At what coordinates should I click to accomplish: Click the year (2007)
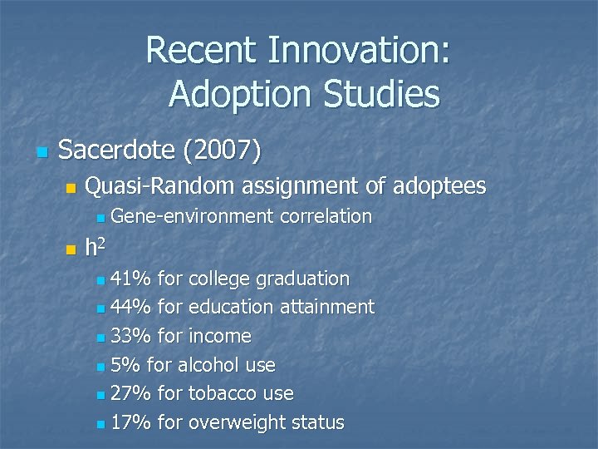(x=221, y=150)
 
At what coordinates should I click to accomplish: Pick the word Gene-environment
(x=192, y=216)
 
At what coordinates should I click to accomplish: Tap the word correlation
(x=326, y=216)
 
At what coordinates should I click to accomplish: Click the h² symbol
(x=94, y=247)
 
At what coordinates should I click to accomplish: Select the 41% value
(x=130, y=278)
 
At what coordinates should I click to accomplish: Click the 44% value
(x=130, y=307)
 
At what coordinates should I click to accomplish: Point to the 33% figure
(x=130, y=336)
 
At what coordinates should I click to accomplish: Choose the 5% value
(x=125, y=365)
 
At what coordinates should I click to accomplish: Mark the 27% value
(x=130, y=393)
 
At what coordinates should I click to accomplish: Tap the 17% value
(x=130, y=422)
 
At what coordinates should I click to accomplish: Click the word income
(x=220, y=336)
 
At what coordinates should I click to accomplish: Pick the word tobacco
(x=223, y=393)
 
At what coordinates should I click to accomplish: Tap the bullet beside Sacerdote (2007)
(x=42, y=152)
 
